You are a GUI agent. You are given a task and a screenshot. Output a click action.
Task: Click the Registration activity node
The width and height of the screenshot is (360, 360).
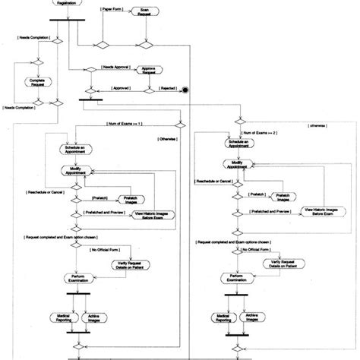[x=67, y=3]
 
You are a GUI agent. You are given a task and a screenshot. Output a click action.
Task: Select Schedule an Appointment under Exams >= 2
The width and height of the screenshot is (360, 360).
[x=238, y=144]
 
